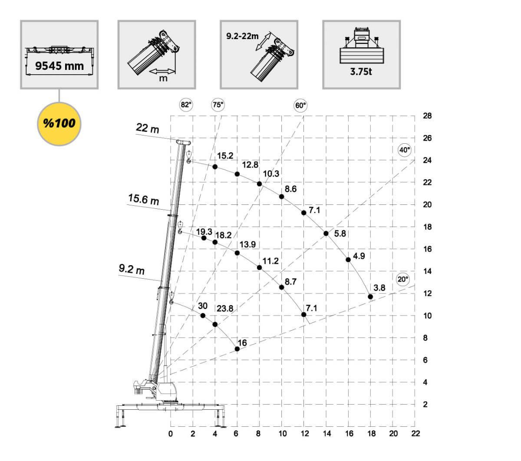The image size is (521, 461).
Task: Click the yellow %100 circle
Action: (x=59, y=123)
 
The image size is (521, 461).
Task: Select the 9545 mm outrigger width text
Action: (x=59, y=66)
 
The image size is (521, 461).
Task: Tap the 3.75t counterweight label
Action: (x=361, y=72)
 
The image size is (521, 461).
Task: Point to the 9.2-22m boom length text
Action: (x=242, y=36)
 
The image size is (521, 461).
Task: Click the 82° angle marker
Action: (x=186, y=105)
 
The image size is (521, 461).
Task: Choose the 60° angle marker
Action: (x=300, y=105)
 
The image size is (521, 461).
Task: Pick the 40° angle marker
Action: (x=404, y=150)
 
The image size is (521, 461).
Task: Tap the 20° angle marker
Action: (x=403, y=279)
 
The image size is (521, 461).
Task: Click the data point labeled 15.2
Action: (x=215, y=167)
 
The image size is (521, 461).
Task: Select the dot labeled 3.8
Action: (x=370, y=297)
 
